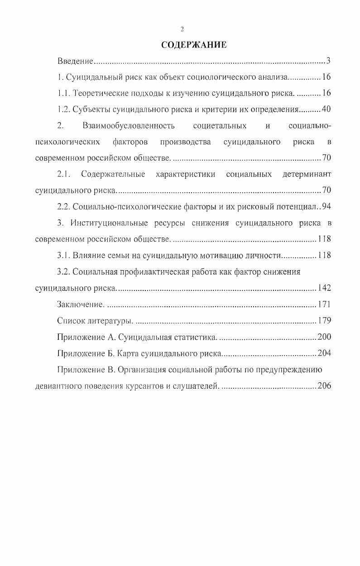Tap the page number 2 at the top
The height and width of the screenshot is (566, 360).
pos(182,29)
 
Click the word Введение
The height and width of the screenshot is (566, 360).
pos(75,61)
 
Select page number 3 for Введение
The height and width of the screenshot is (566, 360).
pos(329,61)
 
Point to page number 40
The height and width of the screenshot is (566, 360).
pos(326,109)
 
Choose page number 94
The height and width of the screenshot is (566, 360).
pos(326,207)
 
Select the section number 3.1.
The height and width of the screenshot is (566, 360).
pos(65,255)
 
